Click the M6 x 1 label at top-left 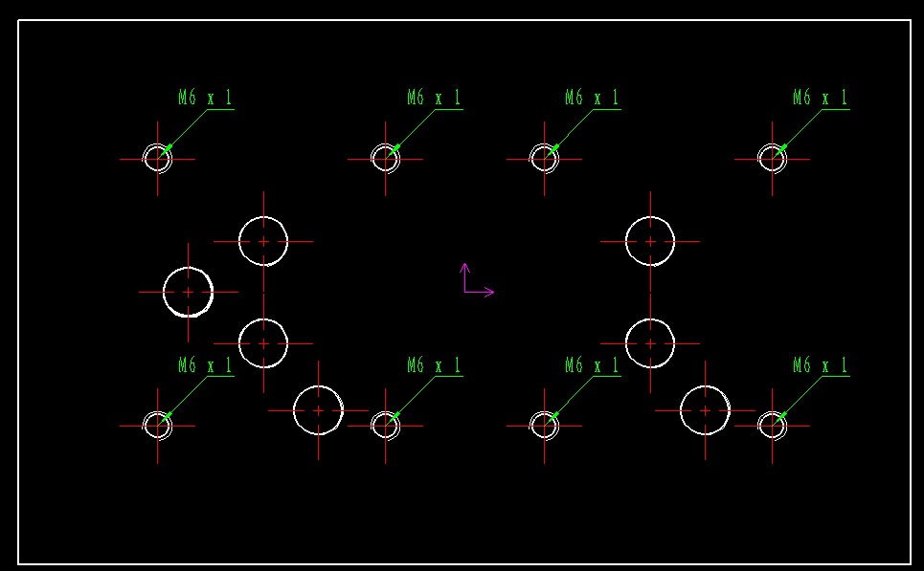click(206, 98)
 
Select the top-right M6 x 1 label click(821, 98)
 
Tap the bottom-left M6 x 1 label click(206, 365)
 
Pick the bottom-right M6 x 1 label click(821, 365)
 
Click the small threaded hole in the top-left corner click(158, 158)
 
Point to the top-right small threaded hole click(773, 158)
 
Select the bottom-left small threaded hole click(158, 426)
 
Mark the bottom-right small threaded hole click(773, 426)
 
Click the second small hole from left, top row click(386, 158)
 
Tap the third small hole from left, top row click(545, 158)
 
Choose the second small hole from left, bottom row click(386, 426)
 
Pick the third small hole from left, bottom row click(545, 426)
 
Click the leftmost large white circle click(188, 292)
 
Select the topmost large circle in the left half click(263, 241)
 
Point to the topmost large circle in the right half click(650, 241)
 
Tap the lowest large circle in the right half click(705, 410)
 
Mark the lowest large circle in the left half click(318, 410)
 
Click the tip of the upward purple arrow click(464, 265)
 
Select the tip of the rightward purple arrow click(493, 292)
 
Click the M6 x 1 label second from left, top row click(435, 98)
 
